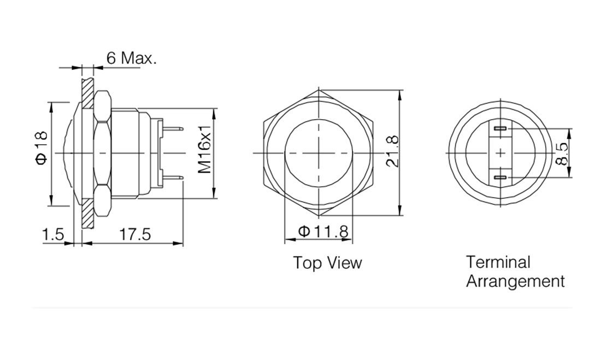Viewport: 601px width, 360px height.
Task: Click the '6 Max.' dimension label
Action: [131, 57]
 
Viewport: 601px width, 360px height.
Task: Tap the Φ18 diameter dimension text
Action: [42, 147]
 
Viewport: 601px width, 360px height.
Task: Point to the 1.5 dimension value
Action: [53, 234]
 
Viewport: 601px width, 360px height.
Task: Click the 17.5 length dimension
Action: [134, 234]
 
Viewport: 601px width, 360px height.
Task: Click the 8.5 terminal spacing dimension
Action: [561, 154]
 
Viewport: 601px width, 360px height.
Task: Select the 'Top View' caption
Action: [327, 263]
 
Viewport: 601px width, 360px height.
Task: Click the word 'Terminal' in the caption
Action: [498, 262]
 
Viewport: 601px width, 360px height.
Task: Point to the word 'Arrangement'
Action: [515, 282]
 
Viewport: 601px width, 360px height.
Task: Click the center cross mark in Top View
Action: [318, 154]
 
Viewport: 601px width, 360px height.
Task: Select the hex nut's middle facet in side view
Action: [103, 154]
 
